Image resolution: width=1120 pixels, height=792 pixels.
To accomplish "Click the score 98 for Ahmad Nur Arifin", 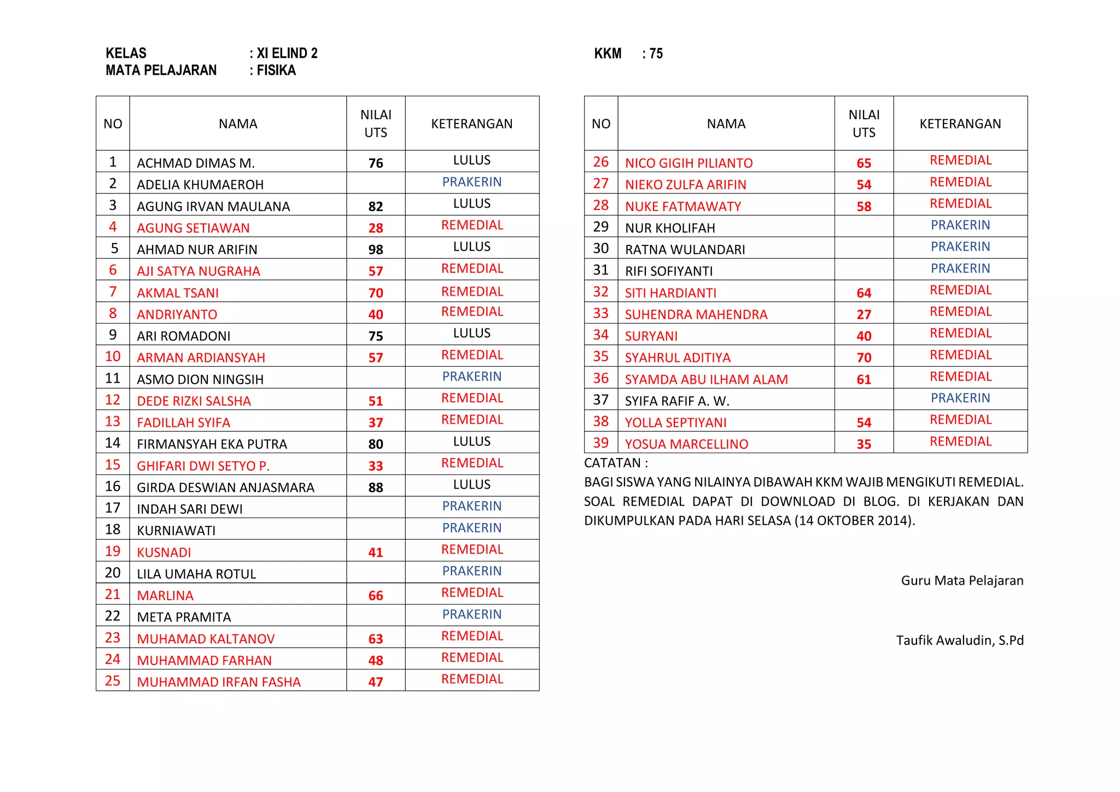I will click(376, 250).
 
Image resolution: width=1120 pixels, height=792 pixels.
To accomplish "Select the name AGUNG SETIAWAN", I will click(193, 228).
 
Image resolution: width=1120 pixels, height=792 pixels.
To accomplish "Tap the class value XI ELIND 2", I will click(287, 53).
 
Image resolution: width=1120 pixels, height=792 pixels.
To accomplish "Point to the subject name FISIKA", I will click(276, 71).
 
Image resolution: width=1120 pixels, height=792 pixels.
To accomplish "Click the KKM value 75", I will click(656, 54).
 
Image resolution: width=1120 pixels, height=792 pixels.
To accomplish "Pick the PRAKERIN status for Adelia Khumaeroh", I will click(471, 182).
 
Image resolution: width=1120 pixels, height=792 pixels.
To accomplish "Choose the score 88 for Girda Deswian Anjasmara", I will click(376, 488).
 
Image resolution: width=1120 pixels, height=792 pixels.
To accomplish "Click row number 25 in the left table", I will click(113, 681).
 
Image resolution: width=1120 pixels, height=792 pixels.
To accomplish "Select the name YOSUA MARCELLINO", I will click(686, 444).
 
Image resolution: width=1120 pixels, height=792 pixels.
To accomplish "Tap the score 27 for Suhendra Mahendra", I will click(864, 315).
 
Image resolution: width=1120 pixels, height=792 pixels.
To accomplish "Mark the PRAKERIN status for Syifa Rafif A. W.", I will click(960, 398).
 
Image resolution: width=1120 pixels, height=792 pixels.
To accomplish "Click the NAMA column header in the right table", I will click(726, 124).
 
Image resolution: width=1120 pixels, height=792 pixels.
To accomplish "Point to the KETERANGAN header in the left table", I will click(471, 124).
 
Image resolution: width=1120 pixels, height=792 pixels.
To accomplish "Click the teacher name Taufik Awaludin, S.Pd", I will click(959, 641).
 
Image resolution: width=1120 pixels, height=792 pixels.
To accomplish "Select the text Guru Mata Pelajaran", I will click(962, 580).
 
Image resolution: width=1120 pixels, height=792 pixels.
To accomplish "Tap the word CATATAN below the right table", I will click(612, 464).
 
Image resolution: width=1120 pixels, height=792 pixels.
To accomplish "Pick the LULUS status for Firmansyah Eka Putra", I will click(471, 442).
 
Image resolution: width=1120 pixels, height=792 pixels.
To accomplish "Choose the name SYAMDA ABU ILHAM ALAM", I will click(706, 380).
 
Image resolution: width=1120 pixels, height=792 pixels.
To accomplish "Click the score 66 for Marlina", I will click(376, 596).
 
